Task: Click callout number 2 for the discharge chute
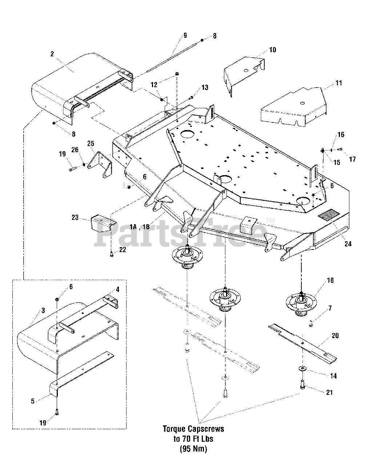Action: tap(52, 54)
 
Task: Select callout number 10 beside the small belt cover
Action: tap(272, 50)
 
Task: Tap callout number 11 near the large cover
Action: tap(338, 83)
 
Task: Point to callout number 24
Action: tap(348, 244)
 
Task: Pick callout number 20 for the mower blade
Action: tap(335, 336)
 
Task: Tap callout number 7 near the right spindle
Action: tap(330, 308)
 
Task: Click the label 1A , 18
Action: tap(139, 227)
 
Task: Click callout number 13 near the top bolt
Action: tap(205, 88)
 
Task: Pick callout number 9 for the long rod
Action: tap(185, 35)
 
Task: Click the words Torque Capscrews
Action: tap(193, 429)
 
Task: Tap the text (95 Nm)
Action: tap(193, 449)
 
